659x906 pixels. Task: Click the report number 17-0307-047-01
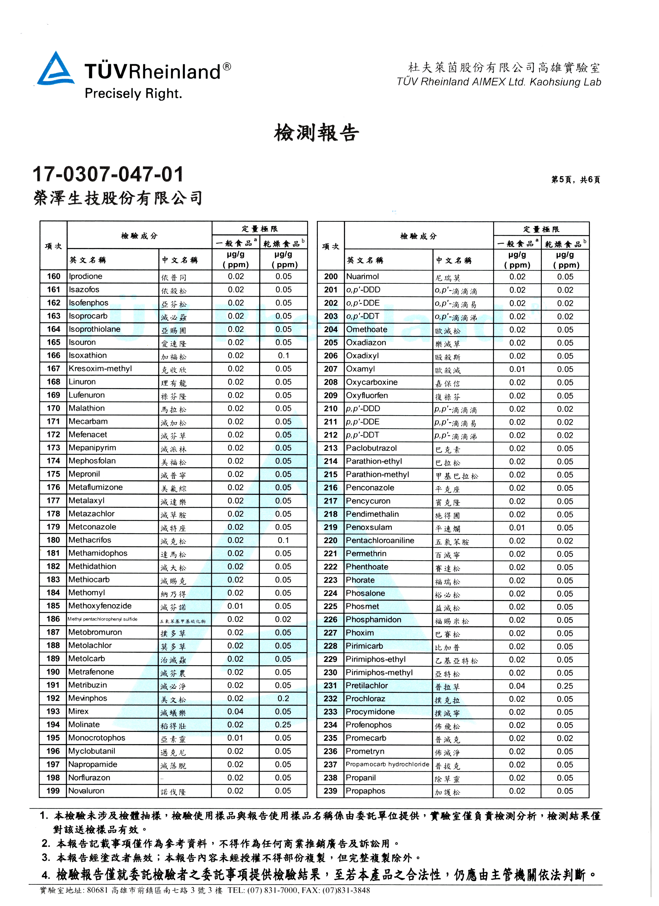(x=108, y=175)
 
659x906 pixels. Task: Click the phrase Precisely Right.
(x=133, y=94)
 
